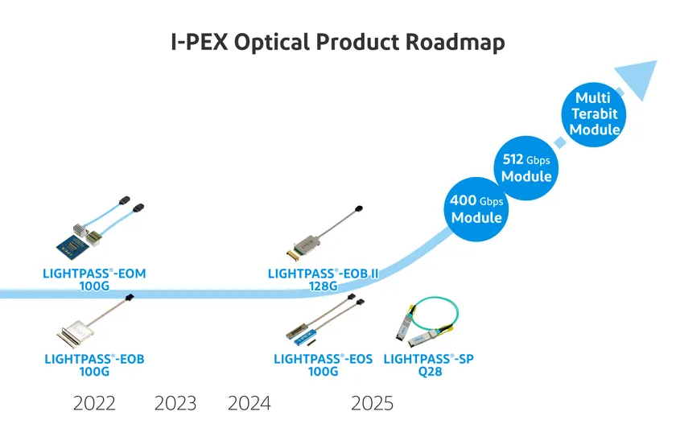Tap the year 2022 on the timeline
point(94,402)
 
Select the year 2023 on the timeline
point(175,402)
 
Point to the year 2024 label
point(249,402)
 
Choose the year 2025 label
point(372,402)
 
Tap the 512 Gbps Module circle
point(526,168)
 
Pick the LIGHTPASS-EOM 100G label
point(94,279)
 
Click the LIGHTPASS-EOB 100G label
point(94,365)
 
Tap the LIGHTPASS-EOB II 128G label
point(323,279)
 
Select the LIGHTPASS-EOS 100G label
point(323,365)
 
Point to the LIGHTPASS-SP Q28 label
point(428,365)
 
